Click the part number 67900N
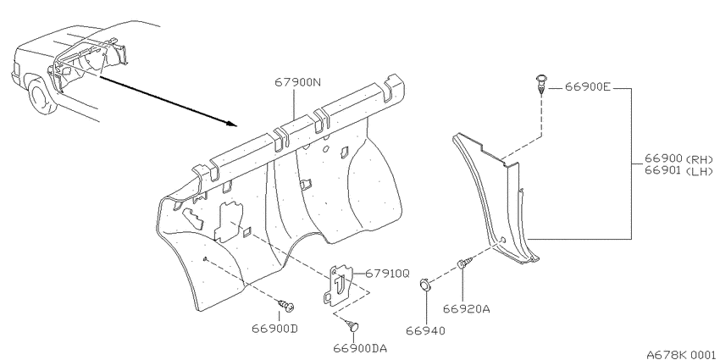[298, 83]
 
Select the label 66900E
[588, 87]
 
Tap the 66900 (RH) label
[678, 159]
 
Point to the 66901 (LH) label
[678, 171]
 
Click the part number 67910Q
[388, 274]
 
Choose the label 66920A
[467, 309]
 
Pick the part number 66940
[426, 330]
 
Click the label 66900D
[275, 329]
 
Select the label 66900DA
[360, 348]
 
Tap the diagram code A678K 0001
[681, 354]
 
